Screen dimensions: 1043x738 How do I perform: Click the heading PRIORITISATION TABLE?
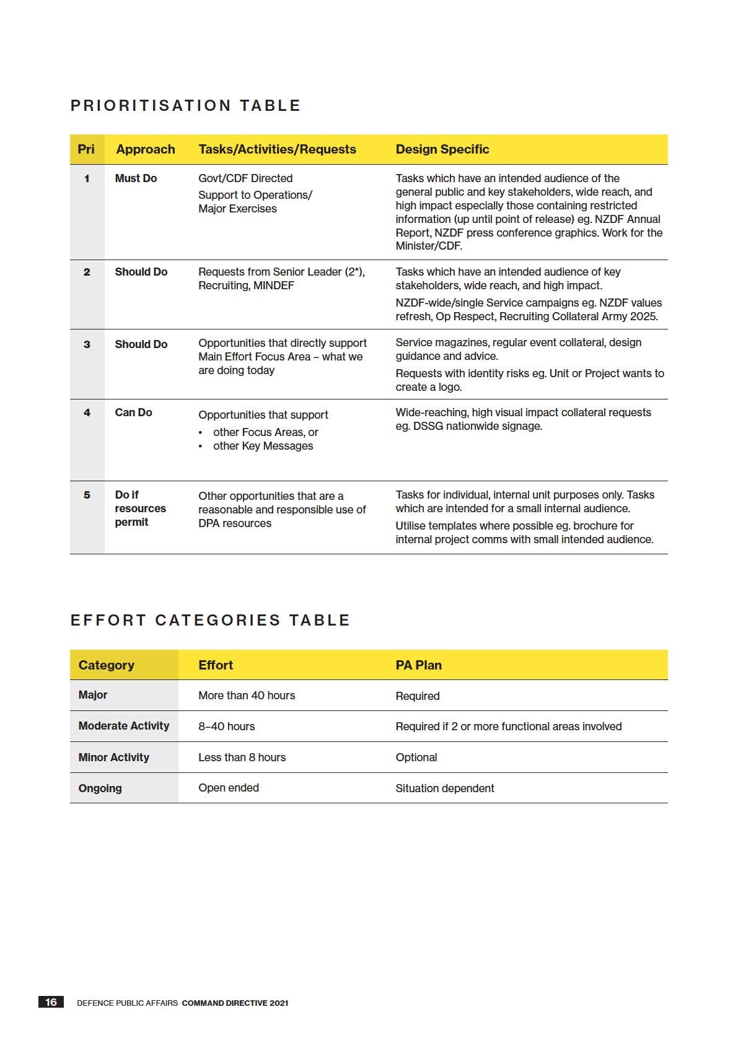[185, 106]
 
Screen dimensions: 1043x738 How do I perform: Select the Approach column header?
[146, 149]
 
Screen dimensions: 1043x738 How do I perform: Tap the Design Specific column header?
[442, 149]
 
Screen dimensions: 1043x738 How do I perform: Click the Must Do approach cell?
[136, 178]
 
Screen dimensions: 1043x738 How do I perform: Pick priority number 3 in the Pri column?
[87, 344]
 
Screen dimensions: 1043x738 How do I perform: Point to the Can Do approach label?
[133, 412]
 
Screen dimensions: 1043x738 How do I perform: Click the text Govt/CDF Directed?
[245, 178]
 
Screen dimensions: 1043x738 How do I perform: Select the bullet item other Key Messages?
[263, 446]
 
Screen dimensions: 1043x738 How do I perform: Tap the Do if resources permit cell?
[140, 508]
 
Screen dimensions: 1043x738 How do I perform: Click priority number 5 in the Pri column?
[87, 495]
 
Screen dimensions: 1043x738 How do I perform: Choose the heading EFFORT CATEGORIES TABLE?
[210, 621]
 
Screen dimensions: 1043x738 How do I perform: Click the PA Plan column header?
[418, 665]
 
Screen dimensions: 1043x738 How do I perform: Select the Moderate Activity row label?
[124, 726]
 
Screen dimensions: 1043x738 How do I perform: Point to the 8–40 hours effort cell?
[226, 727]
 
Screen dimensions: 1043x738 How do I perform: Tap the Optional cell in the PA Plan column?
[416, 757]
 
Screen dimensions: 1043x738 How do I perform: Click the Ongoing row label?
[100, 788]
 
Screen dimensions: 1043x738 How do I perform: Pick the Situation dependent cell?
[445, 788]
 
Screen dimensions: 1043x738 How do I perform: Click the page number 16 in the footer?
[51, 1002]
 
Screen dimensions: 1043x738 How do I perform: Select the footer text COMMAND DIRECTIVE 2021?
[235, 1003]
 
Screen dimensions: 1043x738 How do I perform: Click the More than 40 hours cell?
[247, 696]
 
